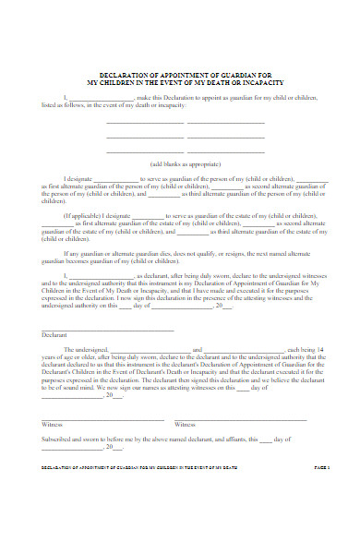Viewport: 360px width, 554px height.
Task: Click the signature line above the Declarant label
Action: (107, 329)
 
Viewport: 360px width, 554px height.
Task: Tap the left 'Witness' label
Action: (53, 424)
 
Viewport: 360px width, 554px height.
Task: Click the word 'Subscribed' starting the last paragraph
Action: (59, 439)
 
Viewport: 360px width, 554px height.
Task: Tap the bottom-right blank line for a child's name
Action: (226, 151)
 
